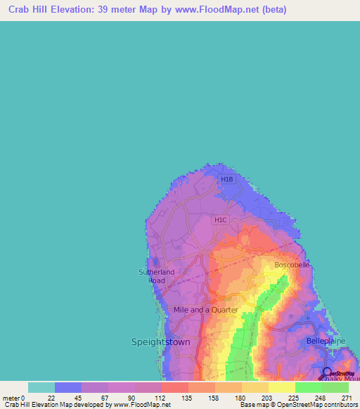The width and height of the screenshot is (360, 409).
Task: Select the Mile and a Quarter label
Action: [206, 309]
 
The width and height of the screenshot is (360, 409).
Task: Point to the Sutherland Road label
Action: [157, 276]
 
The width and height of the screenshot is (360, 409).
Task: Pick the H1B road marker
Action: [226, 179]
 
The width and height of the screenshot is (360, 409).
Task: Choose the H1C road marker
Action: [220, 220]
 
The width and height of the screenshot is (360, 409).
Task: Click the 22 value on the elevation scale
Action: [55, 397]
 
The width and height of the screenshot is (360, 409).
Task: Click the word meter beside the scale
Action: [11, 397]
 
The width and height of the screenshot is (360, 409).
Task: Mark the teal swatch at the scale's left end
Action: [41, 387]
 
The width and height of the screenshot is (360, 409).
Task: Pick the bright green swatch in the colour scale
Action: [308, 387]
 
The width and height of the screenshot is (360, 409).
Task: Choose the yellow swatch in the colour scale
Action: [281, 387]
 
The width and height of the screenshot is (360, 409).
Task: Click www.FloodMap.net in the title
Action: [212, 11]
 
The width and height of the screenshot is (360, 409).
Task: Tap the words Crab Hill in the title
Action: [32, 11]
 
